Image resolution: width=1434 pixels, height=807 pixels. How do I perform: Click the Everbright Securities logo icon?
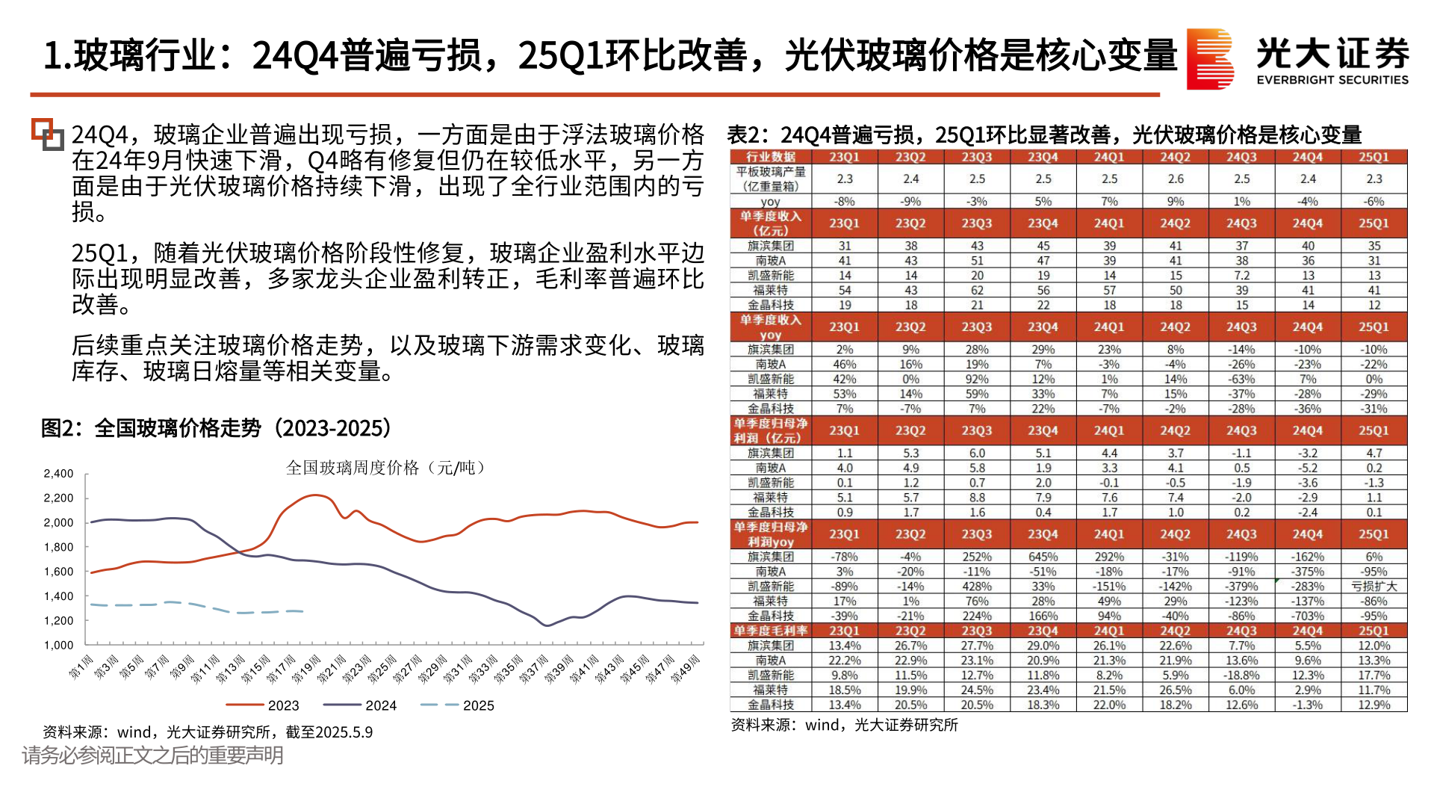1210,59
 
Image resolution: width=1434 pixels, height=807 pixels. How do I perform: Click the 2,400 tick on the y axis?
58,474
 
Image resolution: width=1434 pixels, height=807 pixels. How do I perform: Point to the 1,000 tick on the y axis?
58,645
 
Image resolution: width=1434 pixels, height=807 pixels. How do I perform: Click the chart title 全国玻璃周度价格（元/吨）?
388,468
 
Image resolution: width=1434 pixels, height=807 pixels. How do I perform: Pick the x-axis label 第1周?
81,667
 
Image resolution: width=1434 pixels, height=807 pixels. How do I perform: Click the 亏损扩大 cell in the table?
1374,587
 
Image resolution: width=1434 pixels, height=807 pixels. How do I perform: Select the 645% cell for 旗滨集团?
1043,557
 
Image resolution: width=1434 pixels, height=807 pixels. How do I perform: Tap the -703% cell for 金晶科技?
1307,616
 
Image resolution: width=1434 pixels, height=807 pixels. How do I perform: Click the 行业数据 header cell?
770,157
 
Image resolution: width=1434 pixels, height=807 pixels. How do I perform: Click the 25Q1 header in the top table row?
1374,157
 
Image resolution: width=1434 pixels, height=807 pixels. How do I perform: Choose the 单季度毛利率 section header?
770,631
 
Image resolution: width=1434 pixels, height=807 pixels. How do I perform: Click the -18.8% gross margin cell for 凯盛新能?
1241,675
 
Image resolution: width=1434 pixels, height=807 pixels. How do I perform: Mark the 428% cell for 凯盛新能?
976,587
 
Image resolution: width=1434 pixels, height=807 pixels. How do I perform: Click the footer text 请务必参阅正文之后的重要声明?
153,755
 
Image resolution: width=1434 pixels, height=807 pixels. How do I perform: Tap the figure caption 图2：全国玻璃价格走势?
217,428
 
